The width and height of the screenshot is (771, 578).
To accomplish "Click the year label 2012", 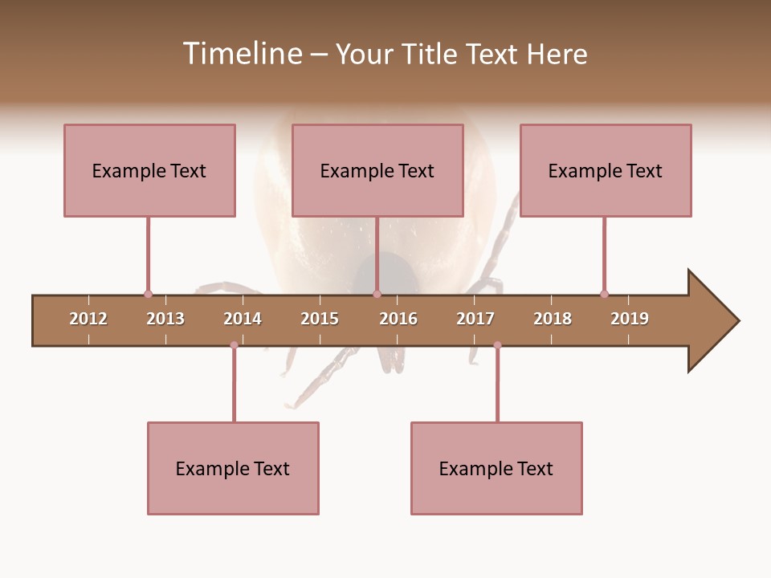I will [88, 319].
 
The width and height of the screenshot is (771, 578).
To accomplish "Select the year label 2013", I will [165, 319].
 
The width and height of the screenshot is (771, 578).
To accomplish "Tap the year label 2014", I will [243, 319].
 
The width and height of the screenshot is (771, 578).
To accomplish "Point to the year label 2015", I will [320, 319].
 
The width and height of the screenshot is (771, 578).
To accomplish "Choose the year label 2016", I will [398, 319].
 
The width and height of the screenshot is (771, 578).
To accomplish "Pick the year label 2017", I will [475, 319].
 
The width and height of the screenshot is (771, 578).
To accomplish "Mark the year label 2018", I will [553, 319].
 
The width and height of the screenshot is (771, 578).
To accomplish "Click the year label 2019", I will [630, 319].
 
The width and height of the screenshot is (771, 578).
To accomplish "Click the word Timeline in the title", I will [241, 54].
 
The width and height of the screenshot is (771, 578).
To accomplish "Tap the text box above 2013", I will [149, 170].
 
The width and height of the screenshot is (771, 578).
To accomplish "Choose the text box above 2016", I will [377, 170].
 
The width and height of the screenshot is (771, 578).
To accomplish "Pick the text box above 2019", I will [606, 170].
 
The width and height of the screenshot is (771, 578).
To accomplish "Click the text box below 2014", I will [233, 468].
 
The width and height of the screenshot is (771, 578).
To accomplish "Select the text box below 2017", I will [496, 468].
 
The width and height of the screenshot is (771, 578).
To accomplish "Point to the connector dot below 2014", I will [234, 345].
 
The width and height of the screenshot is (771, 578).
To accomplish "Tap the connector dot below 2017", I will [497, 345].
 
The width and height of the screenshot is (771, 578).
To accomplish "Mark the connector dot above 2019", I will [604, 294].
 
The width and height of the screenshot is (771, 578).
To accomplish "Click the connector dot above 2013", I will [148, 294].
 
